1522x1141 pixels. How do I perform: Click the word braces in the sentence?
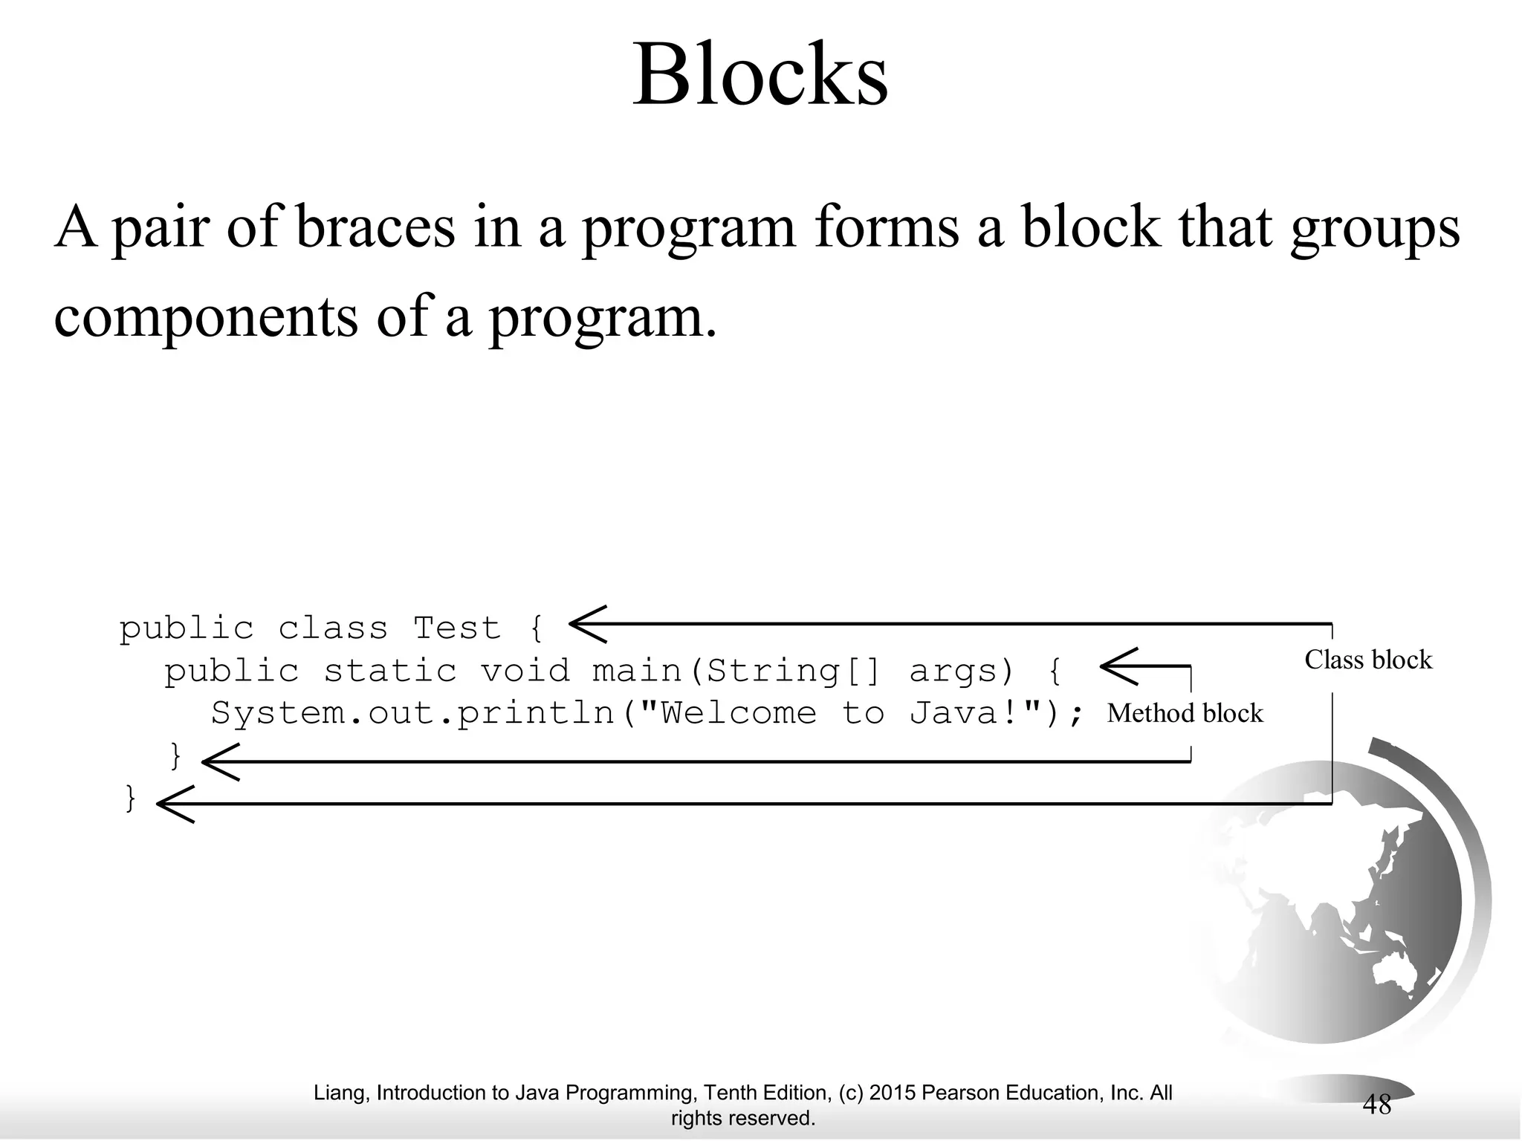tap(375, 226)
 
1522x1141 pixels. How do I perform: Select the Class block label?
tap(1367, 660)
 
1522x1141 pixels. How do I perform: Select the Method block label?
tap(1185, 713)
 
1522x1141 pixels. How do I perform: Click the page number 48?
tap(1376, 1105)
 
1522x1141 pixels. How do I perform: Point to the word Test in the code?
tap(457, 628)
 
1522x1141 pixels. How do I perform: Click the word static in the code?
tap(390, 671)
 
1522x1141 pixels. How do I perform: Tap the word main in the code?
tap(637, 671)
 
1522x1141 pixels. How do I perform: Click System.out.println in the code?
tap(413, 714)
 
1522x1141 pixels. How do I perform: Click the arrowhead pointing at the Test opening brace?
tap(587, 624)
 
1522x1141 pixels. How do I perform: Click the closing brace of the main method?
tap(176, 757)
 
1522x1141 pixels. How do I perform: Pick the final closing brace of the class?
tap(131, 799)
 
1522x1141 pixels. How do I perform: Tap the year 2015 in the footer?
tap(892, 1093)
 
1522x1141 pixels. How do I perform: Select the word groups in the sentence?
tap(1375, 227)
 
